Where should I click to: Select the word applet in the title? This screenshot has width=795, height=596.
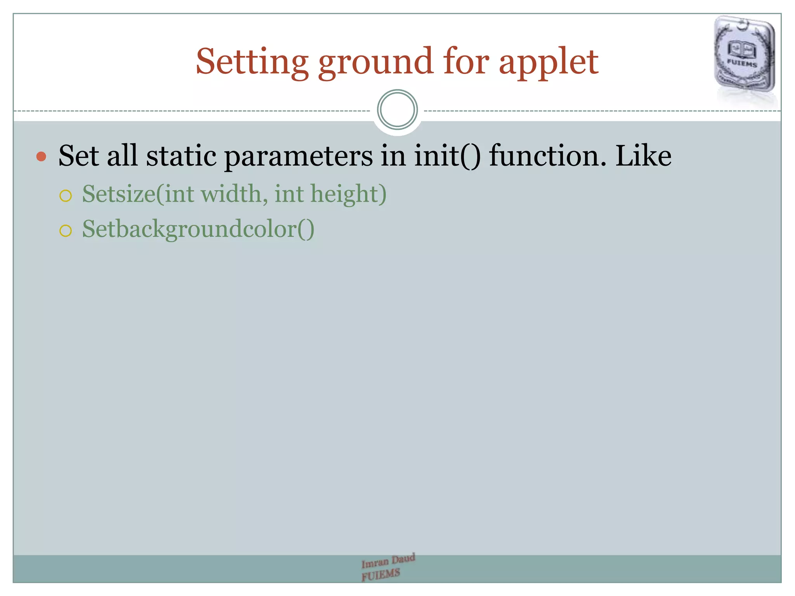coord(548,62)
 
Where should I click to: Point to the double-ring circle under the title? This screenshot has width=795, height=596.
coord(397,110)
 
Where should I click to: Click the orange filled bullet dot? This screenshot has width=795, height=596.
coord(41,157)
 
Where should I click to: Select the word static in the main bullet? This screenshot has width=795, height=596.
coord(181,156)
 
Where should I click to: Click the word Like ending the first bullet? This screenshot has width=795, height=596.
coord(643,156)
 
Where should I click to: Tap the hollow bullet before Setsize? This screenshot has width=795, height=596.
coord(66,196)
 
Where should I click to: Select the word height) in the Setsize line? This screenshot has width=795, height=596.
coord(348,194)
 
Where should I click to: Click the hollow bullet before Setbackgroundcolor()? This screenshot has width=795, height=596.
coord(66,231)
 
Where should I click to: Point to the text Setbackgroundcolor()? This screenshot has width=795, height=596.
coord(198,229)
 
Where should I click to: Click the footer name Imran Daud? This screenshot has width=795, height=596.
coord(388,561)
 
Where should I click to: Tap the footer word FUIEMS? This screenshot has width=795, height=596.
coord(380,574)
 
